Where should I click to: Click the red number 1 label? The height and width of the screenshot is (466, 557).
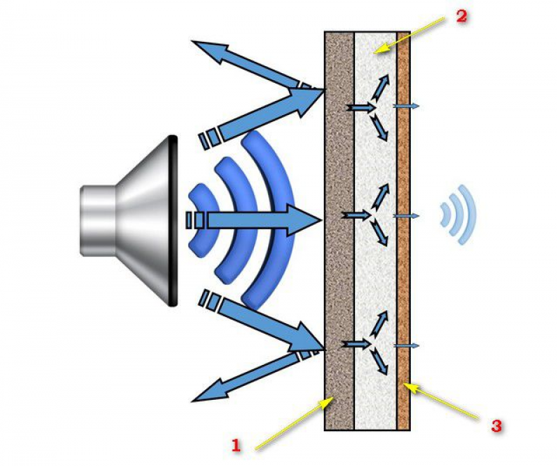(x=236, y=444)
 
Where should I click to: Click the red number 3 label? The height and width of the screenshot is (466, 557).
(x=496, y=426)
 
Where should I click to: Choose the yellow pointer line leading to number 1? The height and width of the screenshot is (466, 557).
(x=292, y=422)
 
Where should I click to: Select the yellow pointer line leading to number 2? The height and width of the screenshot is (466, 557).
(x=410, y=33)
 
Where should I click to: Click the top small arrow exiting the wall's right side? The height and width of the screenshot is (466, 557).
(x=408, y=106)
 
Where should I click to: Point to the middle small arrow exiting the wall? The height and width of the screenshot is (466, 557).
(x=408, y=217)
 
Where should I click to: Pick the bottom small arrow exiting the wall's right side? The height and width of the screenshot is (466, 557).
(x=408, y=345)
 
